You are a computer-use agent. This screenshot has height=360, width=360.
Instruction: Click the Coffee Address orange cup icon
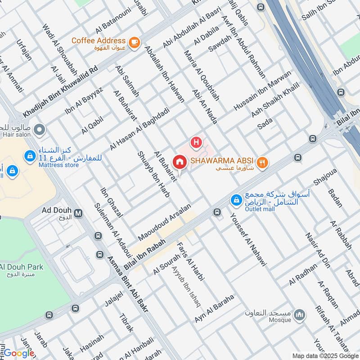pyautogui.click(x=134, y=42)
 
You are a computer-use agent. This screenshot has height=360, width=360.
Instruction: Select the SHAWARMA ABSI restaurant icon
pyautogui.click(x=263, y=162)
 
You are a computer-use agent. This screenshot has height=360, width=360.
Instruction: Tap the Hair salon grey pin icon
pyautogui.click(x=40, y=130)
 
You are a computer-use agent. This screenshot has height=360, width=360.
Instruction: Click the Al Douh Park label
pyautogui.click(x=22, y=267)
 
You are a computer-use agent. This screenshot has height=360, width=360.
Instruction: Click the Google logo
pyautogui.click(x=19, y=353)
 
